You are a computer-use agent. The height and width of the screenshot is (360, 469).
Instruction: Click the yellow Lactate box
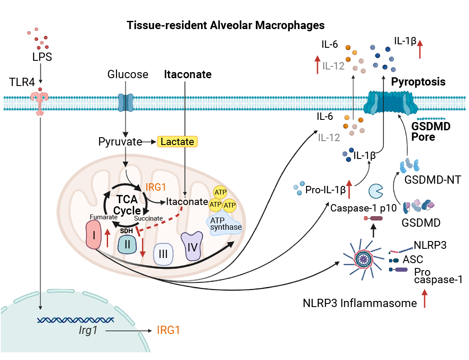(177, 142)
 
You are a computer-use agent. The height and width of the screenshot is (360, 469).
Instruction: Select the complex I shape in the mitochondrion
(93, 234)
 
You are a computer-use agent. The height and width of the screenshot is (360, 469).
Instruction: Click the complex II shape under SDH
(127, 244)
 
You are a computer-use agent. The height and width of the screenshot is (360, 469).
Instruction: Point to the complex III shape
(163, 253)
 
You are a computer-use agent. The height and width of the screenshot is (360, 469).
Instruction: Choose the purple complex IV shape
(192, 246)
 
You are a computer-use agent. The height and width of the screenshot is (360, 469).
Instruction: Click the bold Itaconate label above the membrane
(188, 75)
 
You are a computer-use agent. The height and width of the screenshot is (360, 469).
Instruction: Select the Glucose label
(128, 75)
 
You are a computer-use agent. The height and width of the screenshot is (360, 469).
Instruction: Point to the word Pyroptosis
(418, 82)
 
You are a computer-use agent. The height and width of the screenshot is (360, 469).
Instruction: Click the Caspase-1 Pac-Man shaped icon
(376, 191)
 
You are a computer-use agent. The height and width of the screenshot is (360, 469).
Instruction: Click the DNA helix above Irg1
(76, 320)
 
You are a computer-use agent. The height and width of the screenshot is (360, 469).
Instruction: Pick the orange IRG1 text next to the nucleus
(168, 330)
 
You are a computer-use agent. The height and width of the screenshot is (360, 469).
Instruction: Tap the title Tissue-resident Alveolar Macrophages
(225, 25)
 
